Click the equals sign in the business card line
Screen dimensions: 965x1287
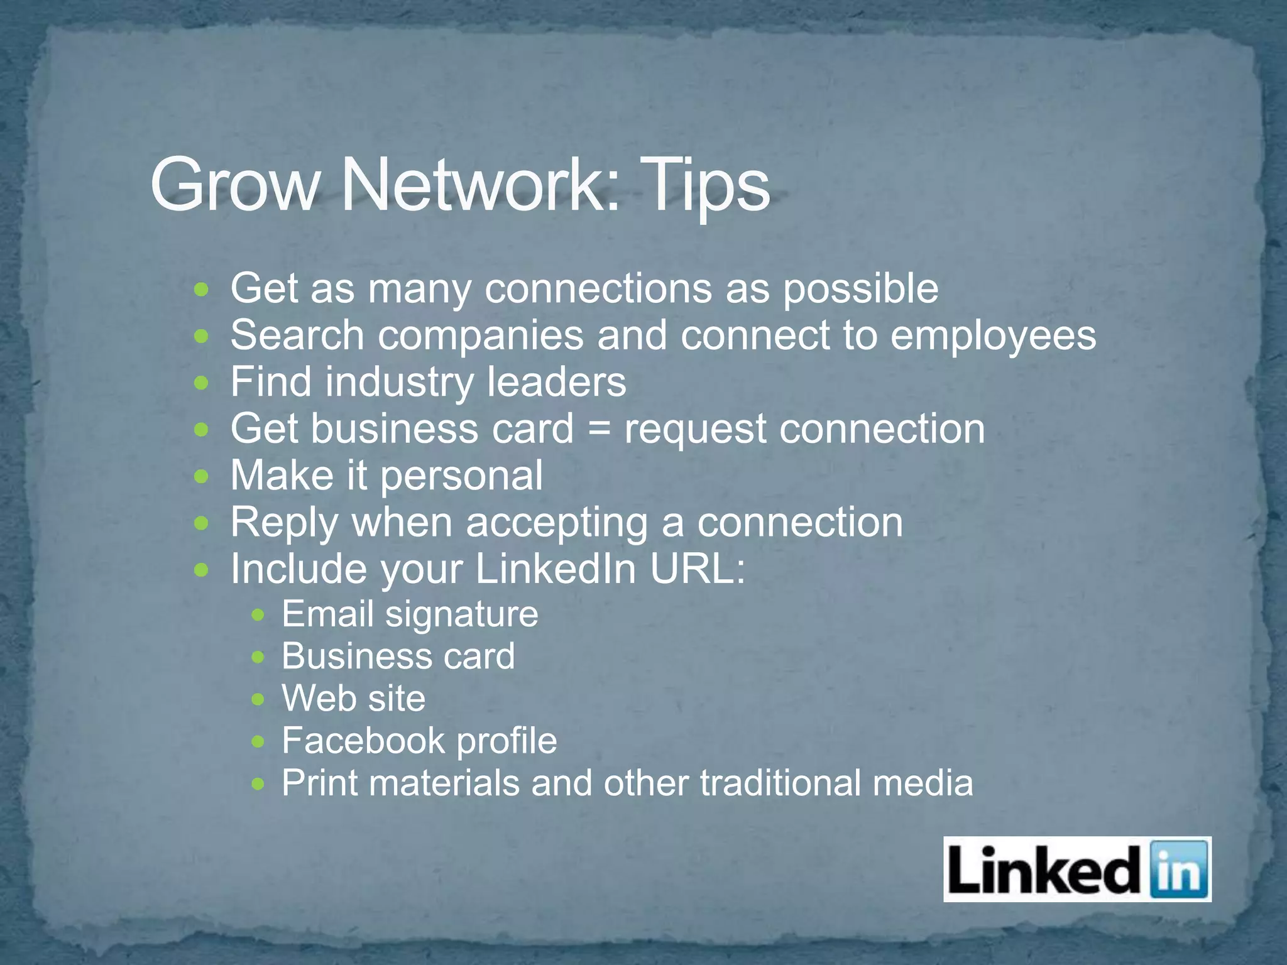coord(599,429)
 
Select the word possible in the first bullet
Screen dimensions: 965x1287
coord(860,289)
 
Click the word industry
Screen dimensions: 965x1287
coord(398,382)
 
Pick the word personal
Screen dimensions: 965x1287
coord(462,476)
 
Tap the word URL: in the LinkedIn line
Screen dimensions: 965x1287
coord(698,569)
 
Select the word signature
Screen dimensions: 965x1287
coord(462,614)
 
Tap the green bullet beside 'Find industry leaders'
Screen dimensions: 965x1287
coord(201,383)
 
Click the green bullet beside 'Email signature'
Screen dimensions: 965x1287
coord(258,615)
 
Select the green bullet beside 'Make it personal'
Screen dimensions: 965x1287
coord(201,476)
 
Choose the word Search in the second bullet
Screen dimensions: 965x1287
coord(297,335)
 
